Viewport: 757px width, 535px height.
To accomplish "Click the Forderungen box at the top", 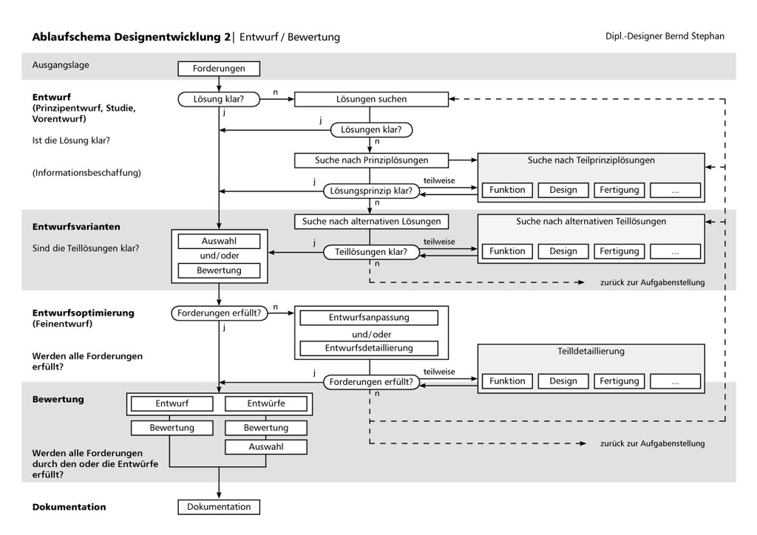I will coord(219,69).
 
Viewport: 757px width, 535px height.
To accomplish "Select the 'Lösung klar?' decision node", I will coord(219,98).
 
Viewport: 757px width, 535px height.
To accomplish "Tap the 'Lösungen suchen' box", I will coord(372,98).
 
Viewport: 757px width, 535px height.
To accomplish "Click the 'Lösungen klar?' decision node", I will coord(371,129).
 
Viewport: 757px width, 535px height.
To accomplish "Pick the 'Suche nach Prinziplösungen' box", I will coord(371,160).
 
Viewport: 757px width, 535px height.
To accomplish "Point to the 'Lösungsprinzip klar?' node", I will coord(371,191).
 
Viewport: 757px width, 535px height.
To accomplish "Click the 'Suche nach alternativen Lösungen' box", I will coord(371,221).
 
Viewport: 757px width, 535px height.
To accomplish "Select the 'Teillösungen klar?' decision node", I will coord(371,252).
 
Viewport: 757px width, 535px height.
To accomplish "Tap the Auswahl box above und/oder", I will coord(219,242).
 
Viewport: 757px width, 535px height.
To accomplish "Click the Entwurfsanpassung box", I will coord(368,318).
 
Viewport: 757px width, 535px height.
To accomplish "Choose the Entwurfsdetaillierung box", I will coord(368,348).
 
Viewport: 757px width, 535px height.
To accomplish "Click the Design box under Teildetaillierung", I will coord(563,381).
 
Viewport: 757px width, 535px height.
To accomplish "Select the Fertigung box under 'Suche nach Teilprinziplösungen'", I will coord(619,190).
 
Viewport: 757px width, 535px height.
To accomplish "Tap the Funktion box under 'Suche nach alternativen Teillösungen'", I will coord(507,251).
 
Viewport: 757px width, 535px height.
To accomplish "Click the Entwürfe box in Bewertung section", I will coord(266,403).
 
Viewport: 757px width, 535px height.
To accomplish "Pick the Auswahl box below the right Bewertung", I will coord(266,447).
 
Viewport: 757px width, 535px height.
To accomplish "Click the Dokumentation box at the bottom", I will coord(219,507).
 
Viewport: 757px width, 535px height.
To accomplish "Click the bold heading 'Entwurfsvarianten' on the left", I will coord(76,226).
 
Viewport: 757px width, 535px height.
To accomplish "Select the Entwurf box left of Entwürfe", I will coord(172,403).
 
